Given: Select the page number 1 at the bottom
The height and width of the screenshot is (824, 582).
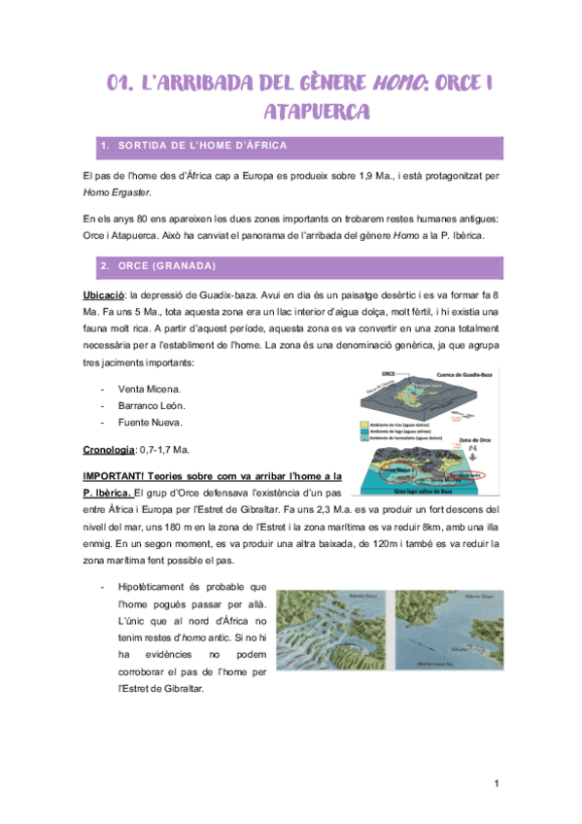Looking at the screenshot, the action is (x=495, y=783).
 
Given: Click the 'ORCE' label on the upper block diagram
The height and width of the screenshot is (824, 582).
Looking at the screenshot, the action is (x=387, y=372).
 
